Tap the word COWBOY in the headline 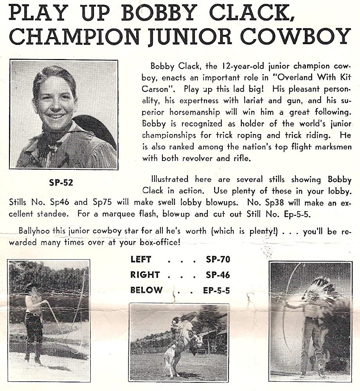pyautogui.click(x=296, y=36)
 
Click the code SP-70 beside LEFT pyautogui.click(x=218, y=259)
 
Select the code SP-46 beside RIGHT pyautogui.click(x=218, y=274)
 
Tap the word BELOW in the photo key pyautogui.click(x=146, y=290)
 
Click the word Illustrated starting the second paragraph pyautogui.click(x=169, y=179)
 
